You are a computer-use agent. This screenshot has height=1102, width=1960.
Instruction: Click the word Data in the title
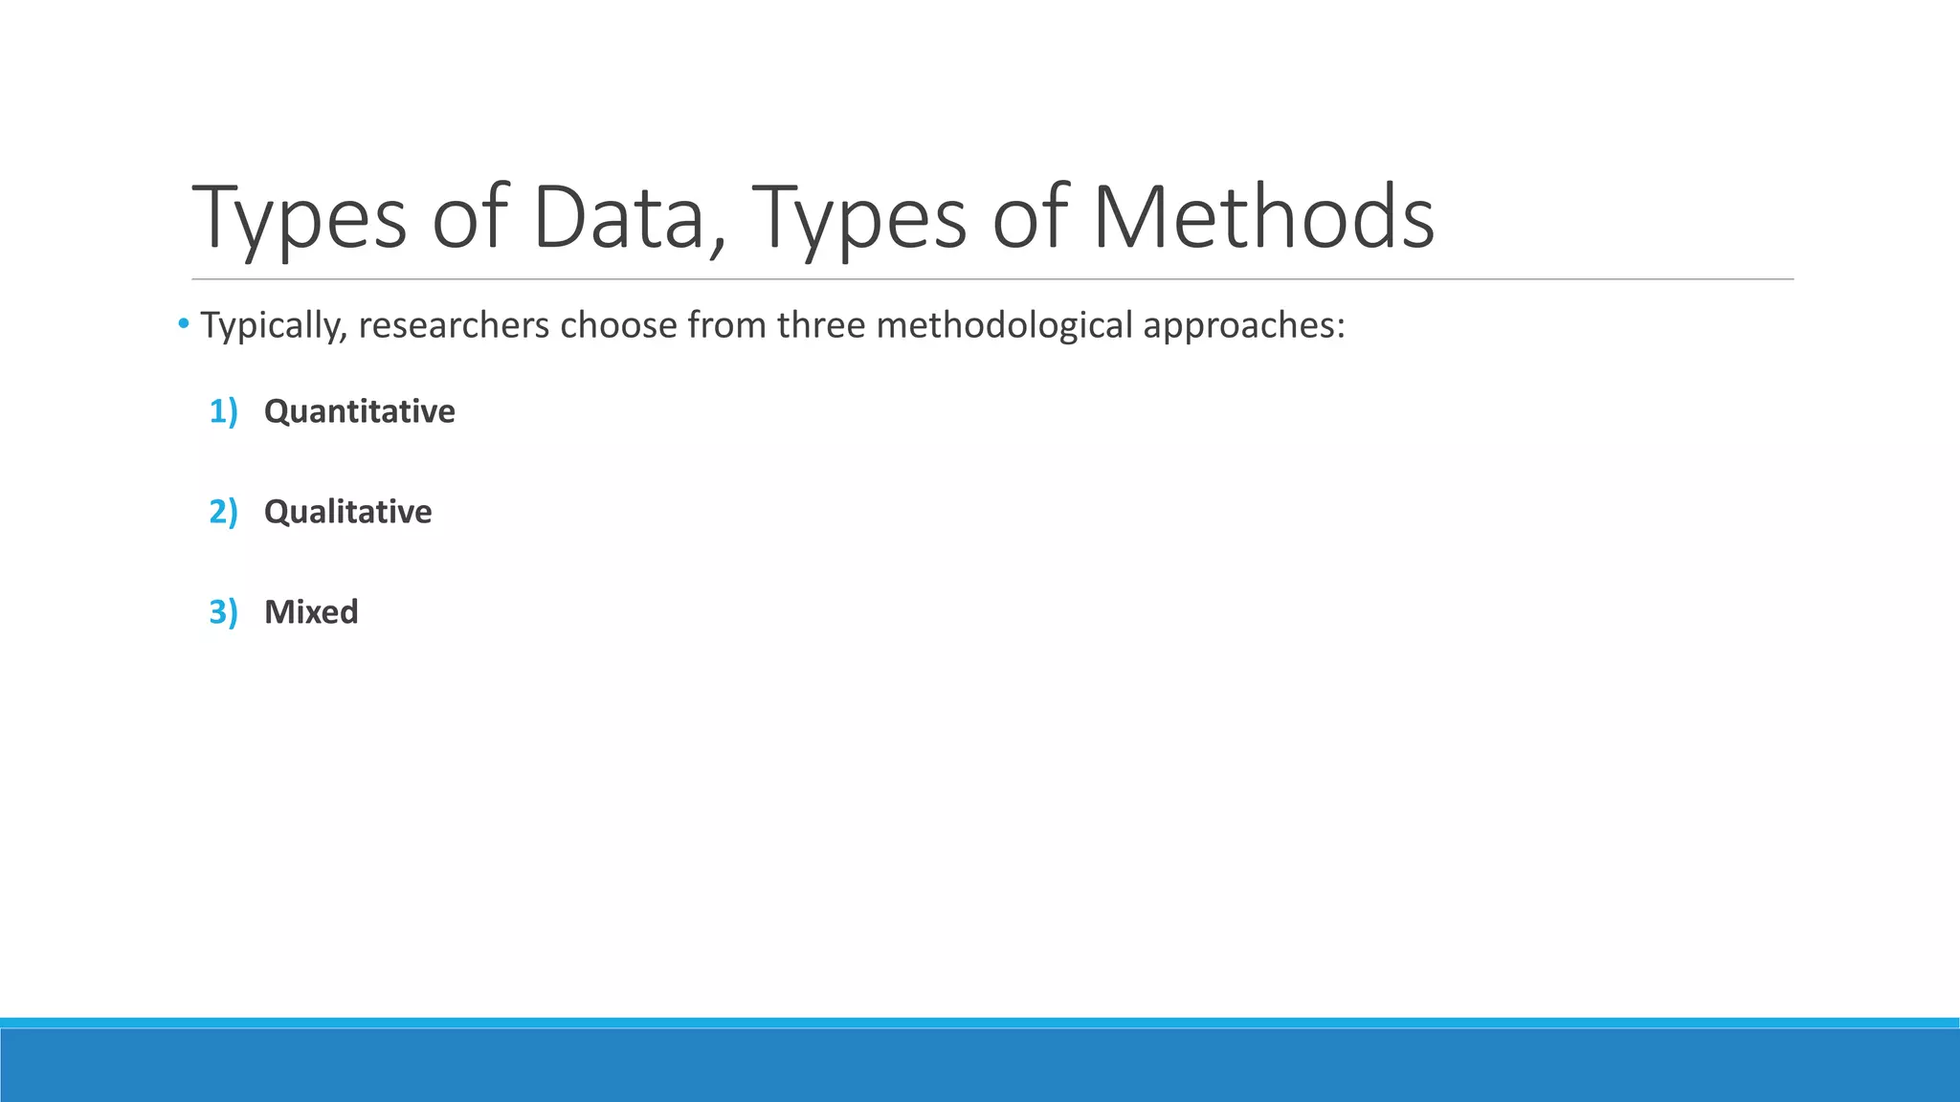coord(618,218)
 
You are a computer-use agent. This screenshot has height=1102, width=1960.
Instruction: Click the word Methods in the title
coord(1263,218)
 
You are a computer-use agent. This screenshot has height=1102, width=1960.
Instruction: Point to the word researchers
coord(454,326)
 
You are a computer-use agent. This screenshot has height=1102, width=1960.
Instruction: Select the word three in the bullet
coord(821,326)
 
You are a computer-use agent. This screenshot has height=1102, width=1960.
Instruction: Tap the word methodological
coord(1004,326)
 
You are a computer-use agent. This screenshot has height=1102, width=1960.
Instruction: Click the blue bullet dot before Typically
coord(184,325)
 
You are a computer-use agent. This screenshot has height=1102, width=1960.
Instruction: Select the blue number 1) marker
coord(223,411)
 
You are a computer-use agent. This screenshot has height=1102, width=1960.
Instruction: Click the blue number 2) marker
coord(223,512)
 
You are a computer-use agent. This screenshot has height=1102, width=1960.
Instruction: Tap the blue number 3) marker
coord(223,612)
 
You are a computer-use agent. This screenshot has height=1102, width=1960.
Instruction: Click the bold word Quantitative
coord(359,412)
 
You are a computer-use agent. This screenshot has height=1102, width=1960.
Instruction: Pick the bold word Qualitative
coord(347,513)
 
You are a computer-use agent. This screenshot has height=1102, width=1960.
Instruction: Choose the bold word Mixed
coord(311,612)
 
